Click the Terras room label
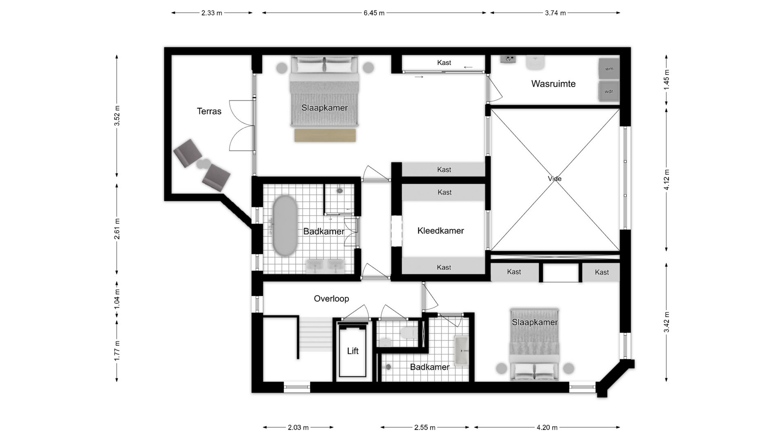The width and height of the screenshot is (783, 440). pos(209,111)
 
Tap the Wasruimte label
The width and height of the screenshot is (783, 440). pos(553,84)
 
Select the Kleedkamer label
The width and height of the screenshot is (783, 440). pos(440,231)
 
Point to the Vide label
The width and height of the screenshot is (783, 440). pos(555,178)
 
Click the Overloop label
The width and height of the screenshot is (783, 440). pos(331,299)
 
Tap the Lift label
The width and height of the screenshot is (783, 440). pos(353,351)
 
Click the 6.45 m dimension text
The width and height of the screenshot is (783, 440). pos(374,13)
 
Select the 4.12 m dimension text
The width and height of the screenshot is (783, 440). pos(666,180)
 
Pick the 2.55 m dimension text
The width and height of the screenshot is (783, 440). pos(425,427)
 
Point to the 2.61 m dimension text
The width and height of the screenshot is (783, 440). pos(117,229)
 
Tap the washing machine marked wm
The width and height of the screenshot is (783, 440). pos(609,69)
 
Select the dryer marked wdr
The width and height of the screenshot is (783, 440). pos(609,91)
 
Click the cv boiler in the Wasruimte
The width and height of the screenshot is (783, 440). pos(508,59)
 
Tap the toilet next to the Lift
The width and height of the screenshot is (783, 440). pos(409,332)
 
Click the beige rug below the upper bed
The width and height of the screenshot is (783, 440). pos(325,135)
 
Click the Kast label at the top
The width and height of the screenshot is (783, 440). pos(444,63)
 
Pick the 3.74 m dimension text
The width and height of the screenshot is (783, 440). pos(555,13)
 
